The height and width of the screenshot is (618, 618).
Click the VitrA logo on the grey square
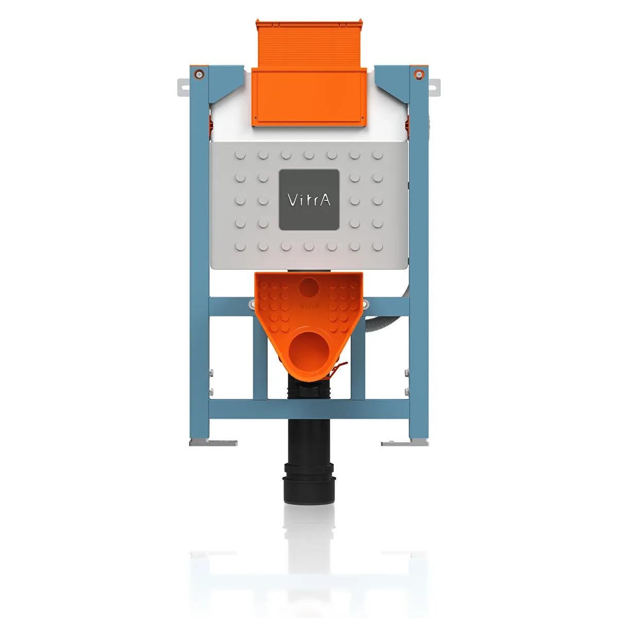(309, 200)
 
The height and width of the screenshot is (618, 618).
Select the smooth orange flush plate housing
(309, 97)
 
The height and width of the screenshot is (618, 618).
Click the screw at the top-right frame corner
(419, 73)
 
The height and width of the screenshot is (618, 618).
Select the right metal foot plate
(405, 442)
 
